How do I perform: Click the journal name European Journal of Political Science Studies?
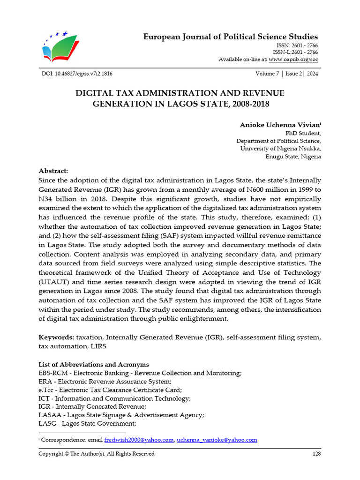[230, 37]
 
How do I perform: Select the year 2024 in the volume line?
[313, 74]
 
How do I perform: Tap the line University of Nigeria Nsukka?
[280, 149]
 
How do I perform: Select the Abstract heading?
[53, 171]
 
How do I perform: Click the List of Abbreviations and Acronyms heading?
[93, 364]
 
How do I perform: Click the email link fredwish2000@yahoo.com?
[139, 440]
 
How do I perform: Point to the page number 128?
[316, 454]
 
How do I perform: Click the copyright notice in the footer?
[96, 454]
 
